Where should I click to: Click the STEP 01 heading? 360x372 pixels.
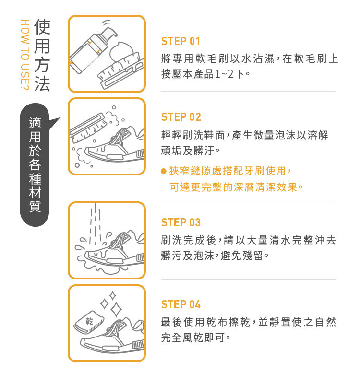(180, 41)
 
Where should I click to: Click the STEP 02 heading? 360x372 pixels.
(181, 117)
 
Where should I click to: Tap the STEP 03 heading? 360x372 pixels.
(181, 222)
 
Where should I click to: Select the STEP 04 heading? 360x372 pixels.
(181, 304)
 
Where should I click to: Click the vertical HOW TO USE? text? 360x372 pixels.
(25, 55)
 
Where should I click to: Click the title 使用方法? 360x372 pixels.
(42, 55)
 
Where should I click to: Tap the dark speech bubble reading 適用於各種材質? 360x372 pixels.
(35, 164)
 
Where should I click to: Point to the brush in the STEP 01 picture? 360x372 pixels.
(121, 71)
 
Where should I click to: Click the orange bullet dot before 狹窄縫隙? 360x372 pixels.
(164, 171)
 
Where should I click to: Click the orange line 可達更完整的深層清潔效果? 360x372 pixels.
(237, 187)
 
